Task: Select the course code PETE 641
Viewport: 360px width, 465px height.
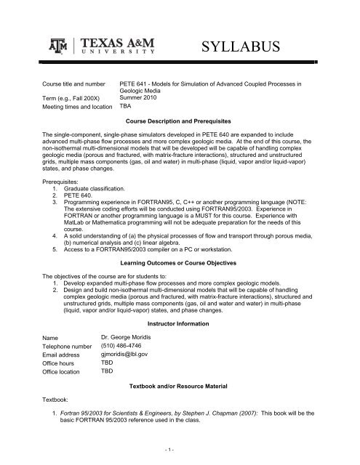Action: click(136, 85)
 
